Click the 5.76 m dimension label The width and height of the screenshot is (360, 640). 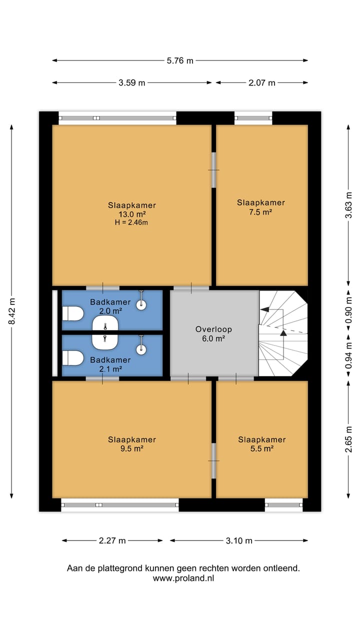point(180,61)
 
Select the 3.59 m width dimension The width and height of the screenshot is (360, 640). point(132,83)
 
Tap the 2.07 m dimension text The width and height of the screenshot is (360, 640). point(262,83)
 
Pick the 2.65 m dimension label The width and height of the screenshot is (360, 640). point(348,438)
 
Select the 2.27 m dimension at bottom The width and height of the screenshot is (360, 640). point(112,540)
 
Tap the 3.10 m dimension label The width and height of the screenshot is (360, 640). point(239,540)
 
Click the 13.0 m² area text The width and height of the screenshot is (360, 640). point(132,214)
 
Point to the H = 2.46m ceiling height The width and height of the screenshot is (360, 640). point(132,222)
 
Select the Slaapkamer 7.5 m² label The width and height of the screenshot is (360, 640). point(261,207)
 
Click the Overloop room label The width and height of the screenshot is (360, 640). point(214,329)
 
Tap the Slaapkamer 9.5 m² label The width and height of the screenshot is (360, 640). point(132,444)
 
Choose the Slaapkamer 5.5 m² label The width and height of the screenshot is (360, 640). point(261,444)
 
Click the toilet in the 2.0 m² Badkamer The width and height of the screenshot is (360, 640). point(73,313)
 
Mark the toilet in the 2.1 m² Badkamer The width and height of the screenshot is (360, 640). point(73,358)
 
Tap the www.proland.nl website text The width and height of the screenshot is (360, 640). point(183,578)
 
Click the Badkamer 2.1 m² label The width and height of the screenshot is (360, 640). point(110,364)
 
